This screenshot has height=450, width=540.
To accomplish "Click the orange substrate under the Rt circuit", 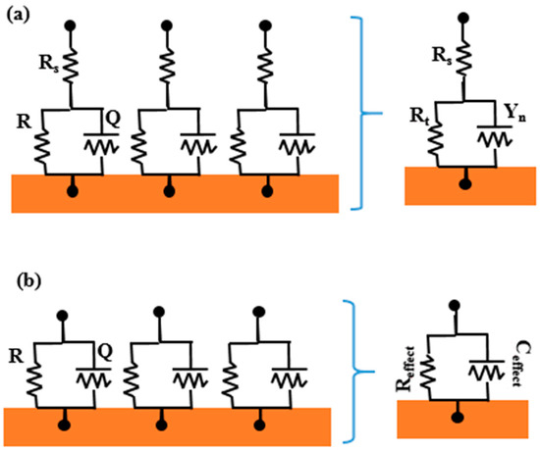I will tap(463, 186).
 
